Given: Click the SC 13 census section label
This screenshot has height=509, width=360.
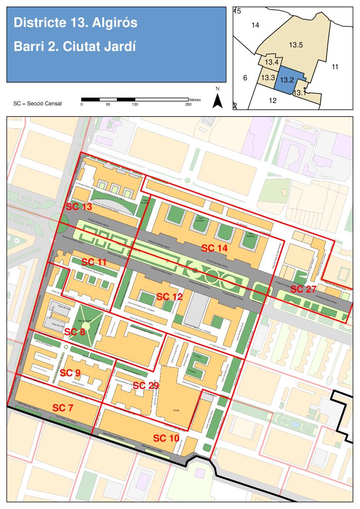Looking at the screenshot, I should pyautogui.click(x=79, y=207).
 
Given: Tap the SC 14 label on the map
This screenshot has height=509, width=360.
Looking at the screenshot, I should pyautogui.click(x=214, y=248).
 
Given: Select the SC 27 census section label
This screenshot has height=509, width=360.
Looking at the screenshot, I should pyautogui.click(x=303, y=289).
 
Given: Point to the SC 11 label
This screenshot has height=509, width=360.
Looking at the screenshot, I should pyautogui.click(x=94, y=262).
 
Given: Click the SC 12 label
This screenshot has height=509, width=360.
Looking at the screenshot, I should pyautogui.click(x=170, y=297).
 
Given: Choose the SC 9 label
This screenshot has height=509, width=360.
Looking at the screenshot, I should pyautogui.click(x=70, y=372).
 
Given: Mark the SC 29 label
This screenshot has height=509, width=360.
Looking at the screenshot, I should pyautogui.click(x=146, y=385).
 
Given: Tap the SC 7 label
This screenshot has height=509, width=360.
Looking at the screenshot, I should pyautogui.click(x=63, y=408).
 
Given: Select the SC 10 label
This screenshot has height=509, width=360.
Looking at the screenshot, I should pyautogui.click(x=166, y=438).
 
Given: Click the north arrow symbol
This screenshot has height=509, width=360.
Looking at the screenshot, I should pyautogui.click(x=217, y=99).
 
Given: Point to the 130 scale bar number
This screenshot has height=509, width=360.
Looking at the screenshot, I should pyautogui.click(x=135, y=104).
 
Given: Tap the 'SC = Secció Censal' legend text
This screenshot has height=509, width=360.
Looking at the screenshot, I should pyautogui.click(x=38, y=103).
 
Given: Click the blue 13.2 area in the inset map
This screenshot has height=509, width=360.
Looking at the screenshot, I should pyautogui.click(x=288, y=80).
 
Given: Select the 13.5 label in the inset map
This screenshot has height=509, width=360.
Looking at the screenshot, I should pyautogui.click(x=296, y=45).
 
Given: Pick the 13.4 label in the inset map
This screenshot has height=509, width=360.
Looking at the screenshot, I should pyautogui.click(x=271, y=62).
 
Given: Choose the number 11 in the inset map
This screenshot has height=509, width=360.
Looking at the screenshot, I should pyautogui.click(x=335, y=67).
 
